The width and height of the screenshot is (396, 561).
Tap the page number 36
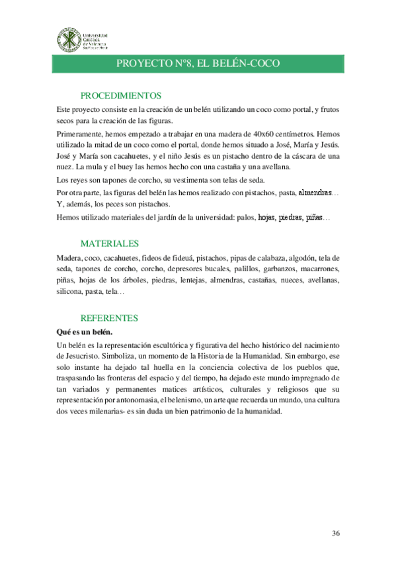pyautogui.click(x=336, y=533)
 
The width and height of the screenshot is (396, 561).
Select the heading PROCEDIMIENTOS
pyautogui.click(x=121, y=95)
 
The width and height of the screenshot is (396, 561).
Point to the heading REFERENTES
pyautogui.click(x=109, y=318)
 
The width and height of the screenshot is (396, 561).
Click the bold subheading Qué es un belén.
pyautogui.click(x=84, y=331)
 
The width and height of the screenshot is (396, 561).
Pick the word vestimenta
pyautogui.click(x=190, y=180)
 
